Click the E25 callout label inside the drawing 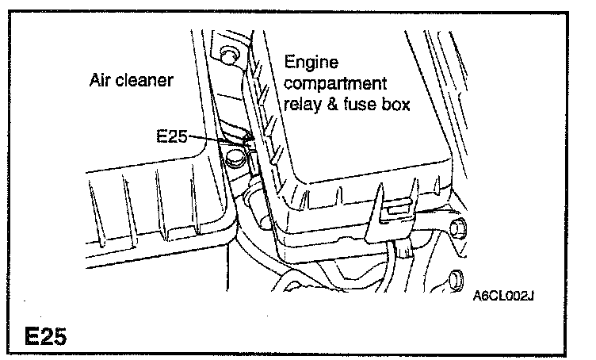(x=173, y=136)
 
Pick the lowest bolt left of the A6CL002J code (x=455, y=278)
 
